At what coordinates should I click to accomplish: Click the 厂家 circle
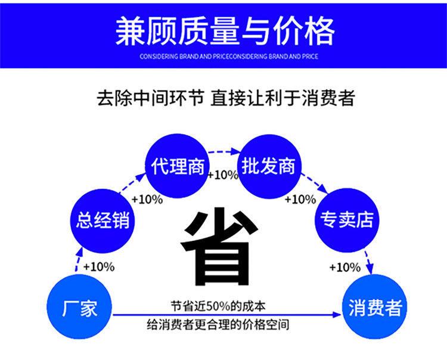[79, 308]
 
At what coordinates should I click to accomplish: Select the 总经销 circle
[103, 220]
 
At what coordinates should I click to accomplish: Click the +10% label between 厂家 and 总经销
[98, 266]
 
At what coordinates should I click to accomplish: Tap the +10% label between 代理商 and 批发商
[222, 175]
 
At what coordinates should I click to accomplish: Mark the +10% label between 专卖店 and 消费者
[344, 266]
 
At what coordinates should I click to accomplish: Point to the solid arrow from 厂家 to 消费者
[226, 315]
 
